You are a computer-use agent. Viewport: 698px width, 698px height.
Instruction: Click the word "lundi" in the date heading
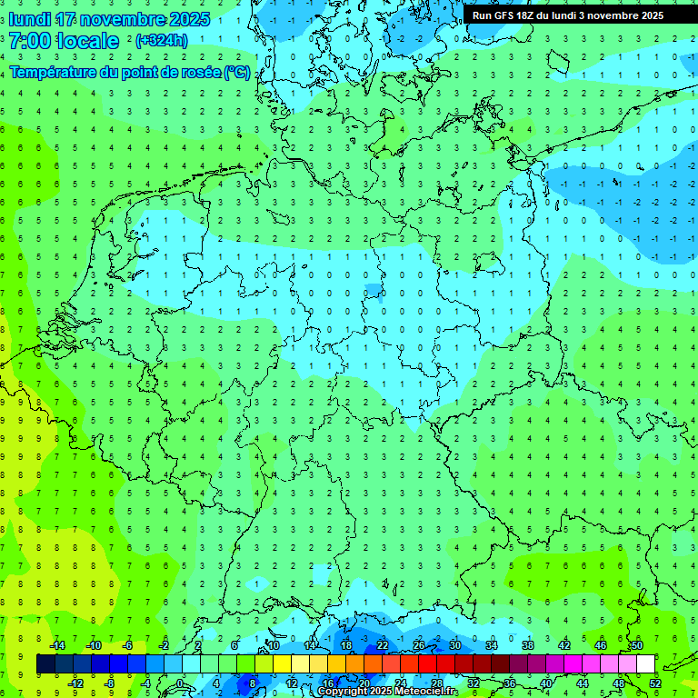click(x=28, y=19)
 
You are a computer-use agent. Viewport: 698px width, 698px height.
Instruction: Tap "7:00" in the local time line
click(x=30, y=41)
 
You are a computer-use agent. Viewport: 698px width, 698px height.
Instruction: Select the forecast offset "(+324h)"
click(x=162, y=41)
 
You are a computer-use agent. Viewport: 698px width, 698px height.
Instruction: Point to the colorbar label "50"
click(x=636, y=645)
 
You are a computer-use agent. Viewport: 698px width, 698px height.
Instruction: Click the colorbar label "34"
click(x=491, y=645)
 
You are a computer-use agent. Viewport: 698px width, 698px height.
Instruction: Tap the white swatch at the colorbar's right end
click(x=646, y=664)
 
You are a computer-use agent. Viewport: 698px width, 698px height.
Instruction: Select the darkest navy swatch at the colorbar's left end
click(x=45, y=664)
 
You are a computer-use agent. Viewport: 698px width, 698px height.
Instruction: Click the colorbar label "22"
click(x=382, y=645)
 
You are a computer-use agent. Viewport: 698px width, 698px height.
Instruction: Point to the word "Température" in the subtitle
click(x=54, y=72)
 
